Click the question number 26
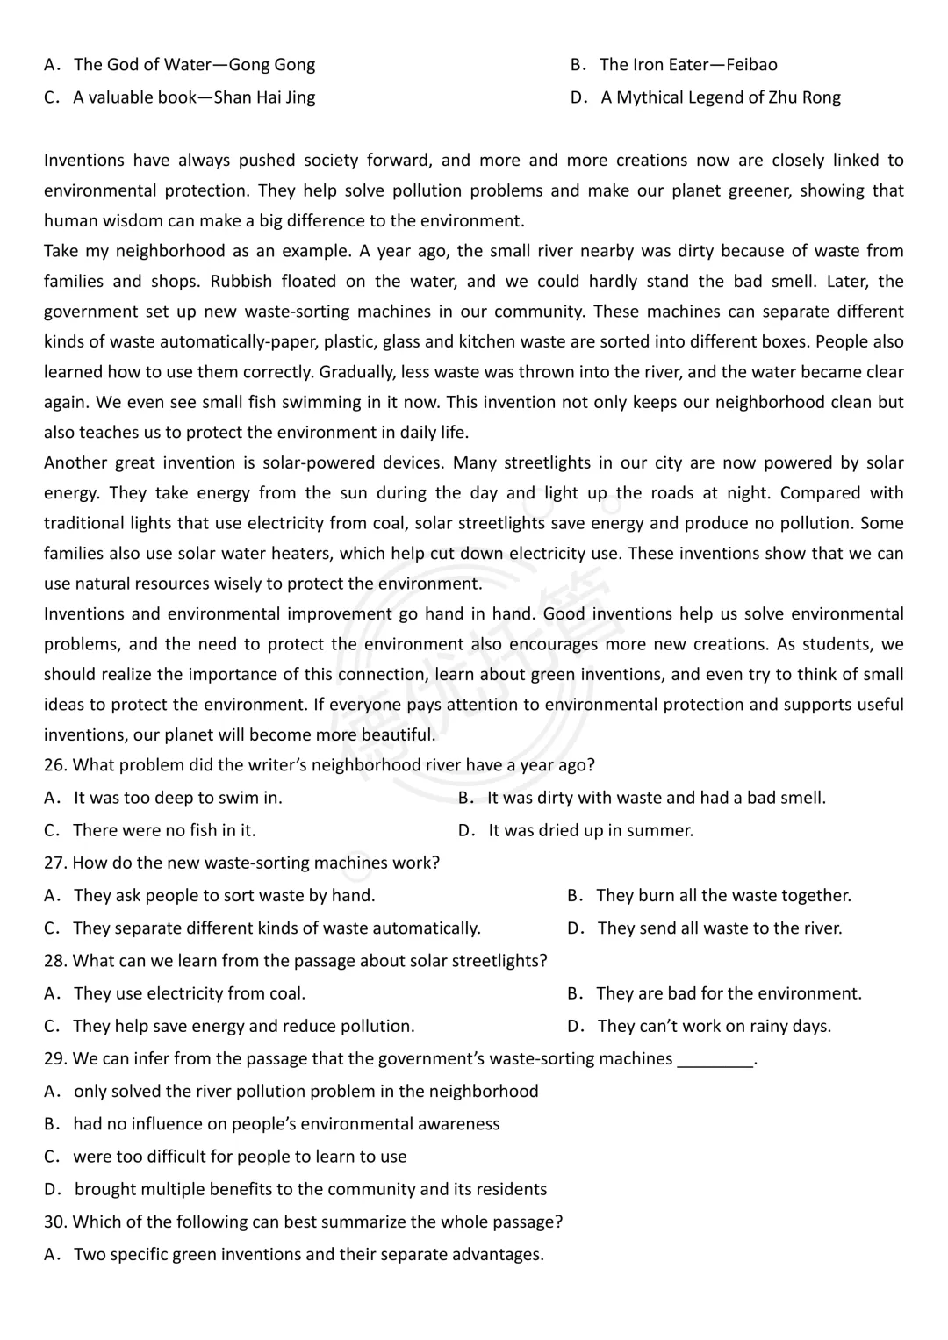[54, 765]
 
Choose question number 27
[54, 863]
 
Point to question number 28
[54, 961]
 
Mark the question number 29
[54, 1059]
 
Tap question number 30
[54, 1222]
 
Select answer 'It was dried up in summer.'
[591, 830]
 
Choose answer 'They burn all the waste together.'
[723, 896]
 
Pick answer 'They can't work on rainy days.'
[714, 1027]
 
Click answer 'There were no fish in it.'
[164, 830]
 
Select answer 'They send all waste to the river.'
[719, 928]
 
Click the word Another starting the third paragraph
[75, 463]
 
